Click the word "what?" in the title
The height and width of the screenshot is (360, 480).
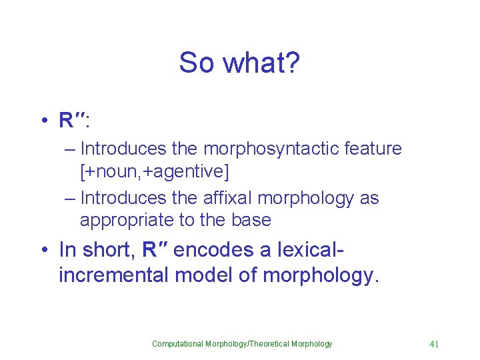262,63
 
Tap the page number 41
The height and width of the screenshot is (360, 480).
434,344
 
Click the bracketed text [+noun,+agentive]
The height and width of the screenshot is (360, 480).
154,172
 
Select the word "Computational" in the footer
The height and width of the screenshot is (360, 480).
178,344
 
